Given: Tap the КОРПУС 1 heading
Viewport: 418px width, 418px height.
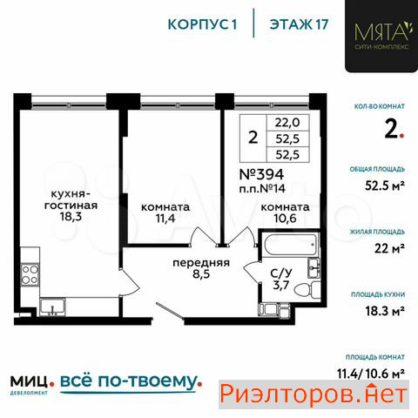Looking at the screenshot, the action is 202,24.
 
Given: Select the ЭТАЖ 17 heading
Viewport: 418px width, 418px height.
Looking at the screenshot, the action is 299,24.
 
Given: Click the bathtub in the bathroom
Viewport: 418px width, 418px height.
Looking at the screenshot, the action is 291,245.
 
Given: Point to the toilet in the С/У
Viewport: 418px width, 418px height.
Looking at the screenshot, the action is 307,289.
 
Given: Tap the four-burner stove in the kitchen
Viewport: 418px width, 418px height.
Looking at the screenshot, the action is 30,274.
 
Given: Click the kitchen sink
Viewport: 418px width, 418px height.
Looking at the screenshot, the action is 52,307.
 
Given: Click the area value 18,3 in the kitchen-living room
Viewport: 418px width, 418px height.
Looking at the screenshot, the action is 71,217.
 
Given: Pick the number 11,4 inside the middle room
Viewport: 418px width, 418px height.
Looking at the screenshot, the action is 165,219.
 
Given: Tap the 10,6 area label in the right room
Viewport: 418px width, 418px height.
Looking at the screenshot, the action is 285,219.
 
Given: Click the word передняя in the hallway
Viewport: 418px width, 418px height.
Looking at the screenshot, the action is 201,263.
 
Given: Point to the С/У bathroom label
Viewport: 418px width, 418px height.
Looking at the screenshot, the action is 281,273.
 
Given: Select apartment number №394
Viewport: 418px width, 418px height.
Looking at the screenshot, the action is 261,174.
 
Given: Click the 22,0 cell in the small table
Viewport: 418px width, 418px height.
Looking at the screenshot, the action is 287,123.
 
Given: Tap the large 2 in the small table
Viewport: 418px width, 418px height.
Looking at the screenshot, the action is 253,138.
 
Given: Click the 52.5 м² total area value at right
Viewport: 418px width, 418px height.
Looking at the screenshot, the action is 385,185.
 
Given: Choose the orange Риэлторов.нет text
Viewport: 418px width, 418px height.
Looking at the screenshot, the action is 313,394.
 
